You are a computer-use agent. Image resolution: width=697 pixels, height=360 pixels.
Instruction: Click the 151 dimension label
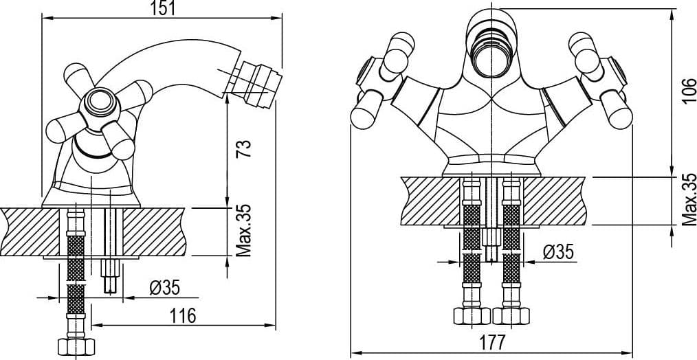(162, 8)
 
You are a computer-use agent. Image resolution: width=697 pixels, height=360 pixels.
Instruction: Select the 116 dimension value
(183, 316)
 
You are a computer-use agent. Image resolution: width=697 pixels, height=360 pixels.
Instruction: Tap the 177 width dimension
(493, 343)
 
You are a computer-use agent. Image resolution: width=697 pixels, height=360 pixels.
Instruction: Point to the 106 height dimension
(689, 91)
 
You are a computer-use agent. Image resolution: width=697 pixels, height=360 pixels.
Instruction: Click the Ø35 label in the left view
(164, 289)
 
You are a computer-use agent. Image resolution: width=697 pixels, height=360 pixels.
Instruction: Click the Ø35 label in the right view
(558, 252)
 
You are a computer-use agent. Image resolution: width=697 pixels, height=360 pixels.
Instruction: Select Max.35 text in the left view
(243, 230)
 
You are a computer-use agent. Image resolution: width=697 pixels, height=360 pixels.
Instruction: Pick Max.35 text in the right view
(689, 199)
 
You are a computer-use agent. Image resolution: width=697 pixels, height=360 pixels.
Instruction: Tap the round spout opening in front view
(492, 54)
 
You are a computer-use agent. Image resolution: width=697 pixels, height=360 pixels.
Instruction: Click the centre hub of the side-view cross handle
(100, 104)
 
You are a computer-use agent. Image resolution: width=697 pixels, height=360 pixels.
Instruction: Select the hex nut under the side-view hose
(76, 346)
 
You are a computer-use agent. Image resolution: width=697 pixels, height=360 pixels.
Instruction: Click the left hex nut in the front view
(472, 316)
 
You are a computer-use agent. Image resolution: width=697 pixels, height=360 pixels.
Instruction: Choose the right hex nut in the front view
(511, 316)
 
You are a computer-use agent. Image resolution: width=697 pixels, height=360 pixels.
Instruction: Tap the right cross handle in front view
(600, 80)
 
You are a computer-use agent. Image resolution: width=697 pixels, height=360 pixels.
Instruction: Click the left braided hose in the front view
(472, 243)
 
